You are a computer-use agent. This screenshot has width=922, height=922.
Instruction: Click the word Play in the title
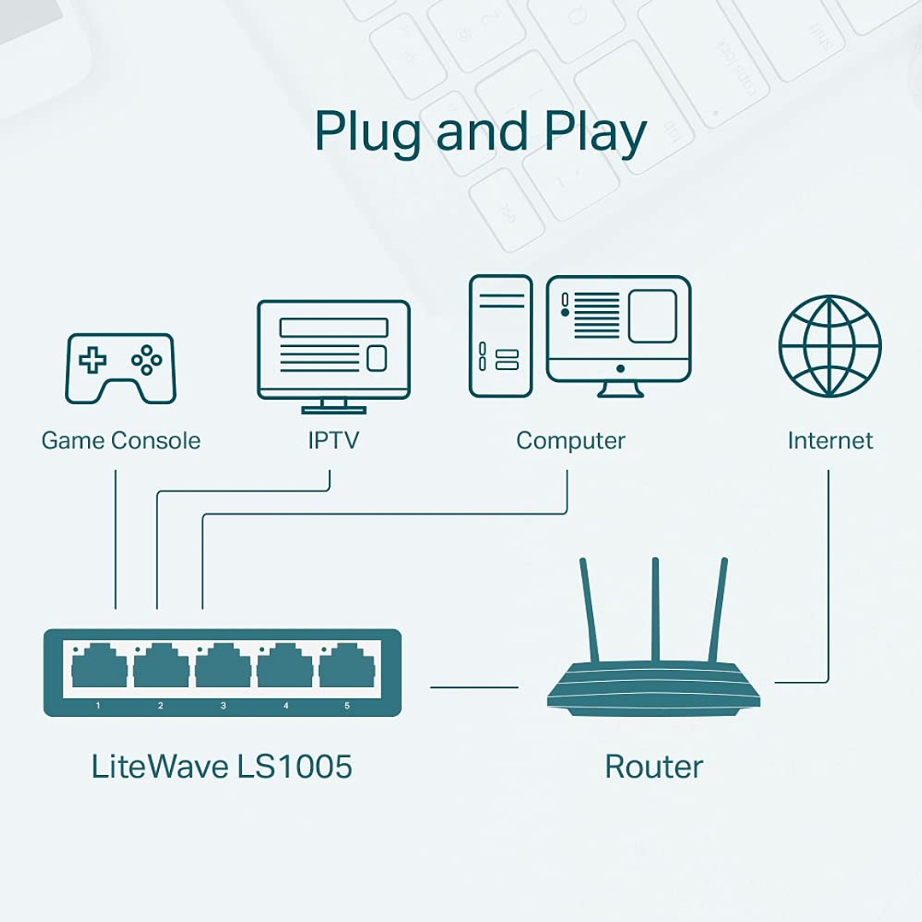pyautogui.click(x=595, y=132)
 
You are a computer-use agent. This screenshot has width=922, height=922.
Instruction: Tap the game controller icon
pyautogui.click(x=120, y=368)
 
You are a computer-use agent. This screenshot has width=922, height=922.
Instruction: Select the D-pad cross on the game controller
pyautogui.click(x=92, y=361)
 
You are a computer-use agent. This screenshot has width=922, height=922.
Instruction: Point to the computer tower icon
pyautogui.click(x=501, y=336)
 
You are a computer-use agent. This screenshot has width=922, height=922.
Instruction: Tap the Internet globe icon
pyautogui.click(x=829, y=346)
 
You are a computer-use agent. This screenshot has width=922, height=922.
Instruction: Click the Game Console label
pyautogui.click(x=120, y=441)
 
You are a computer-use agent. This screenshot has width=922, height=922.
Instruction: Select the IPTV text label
pyautogui.click(x=333, y=441)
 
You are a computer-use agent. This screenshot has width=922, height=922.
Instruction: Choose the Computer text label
pyautogui.click(x=570, y=441)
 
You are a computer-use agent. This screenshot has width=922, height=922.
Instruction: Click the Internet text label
pyautogui.click(x=830, y=441)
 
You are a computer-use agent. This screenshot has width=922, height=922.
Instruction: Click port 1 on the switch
pyautogui.click(x=99, y=667)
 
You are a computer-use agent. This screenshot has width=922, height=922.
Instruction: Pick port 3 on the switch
pyautogui.click(x=223, y=667)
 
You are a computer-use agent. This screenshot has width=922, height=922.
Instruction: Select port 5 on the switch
pyautogui.click(x=347, y=667)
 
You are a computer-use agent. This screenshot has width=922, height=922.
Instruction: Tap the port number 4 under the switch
pyautogui.click(x=285, y=706)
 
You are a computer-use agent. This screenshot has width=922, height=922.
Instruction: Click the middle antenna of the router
pyautogui.click(x=655, y=608)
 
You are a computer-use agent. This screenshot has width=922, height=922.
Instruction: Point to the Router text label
pyautogui.click(x=654, y=766)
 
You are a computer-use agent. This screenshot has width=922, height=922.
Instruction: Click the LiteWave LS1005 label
pyautogui.click(x=221, y=766)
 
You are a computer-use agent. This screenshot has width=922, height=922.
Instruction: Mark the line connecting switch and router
pyautogui.click(x=474, y=686)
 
